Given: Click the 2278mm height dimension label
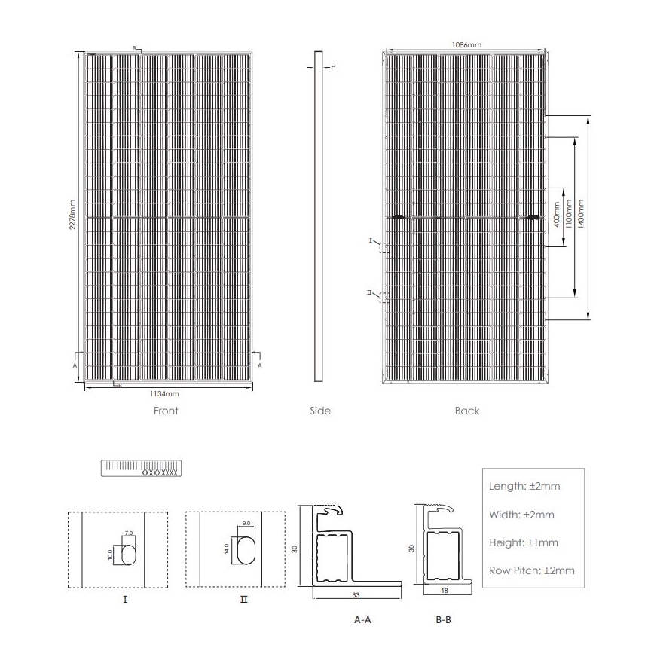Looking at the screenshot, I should pyautogui.click(x=73, y=215).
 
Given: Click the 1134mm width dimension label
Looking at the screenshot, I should pyautogui.click(x=163, y=393).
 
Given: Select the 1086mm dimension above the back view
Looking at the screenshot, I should pyautogui.click(x=466, y=45).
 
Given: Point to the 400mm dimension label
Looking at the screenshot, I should pyautogui.click(x=557, y=215).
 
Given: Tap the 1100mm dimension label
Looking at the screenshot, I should pyautogui.click(x=569, y=215).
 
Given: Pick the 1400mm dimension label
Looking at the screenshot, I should pyautogui.click(x=581, y=215).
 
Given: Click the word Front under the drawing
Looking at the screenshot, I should pyautogui.click(x=166, y=411).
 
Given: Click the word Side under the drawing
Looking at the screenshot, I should pyautogui.click(x=320, y=411).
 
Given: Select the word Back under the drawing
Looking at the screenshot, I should pyautogui.click(x=467, y=411).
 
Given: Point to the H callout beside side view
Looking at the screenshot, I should pyautogui.click(x=332, y=67).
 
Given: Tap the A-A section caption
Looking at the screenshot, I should pyautogui.click(x=362, y=620).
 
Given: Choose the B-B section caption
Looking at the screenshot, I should pyautogui.click(x=444, y=620).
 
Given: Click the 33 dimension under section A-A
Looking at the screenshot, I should pyautogui.click(x=356, y=594).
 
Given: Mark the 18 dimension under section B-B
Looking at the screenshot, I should pyautogui.click(x=444, y=591).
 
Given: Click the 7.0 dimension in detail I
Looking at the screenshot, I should pyautogui.click(x=129, y=533).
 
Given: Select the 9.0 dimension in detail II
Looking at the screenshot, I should pyautogui.click(x=246, y=524).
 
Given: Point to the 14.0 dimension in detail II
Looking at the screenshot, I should pyautogui.click(x=228, y=549).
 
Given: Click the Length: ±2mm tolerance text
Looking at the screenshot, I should pyautogui.click(x=524, y=486).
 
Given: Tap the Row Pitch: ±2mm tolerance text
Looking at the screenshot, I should pyautogui.click(x=531, y=570).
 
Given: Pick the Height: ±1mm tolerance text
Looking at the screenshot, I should pyautogui.click(x=524, y=542).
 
